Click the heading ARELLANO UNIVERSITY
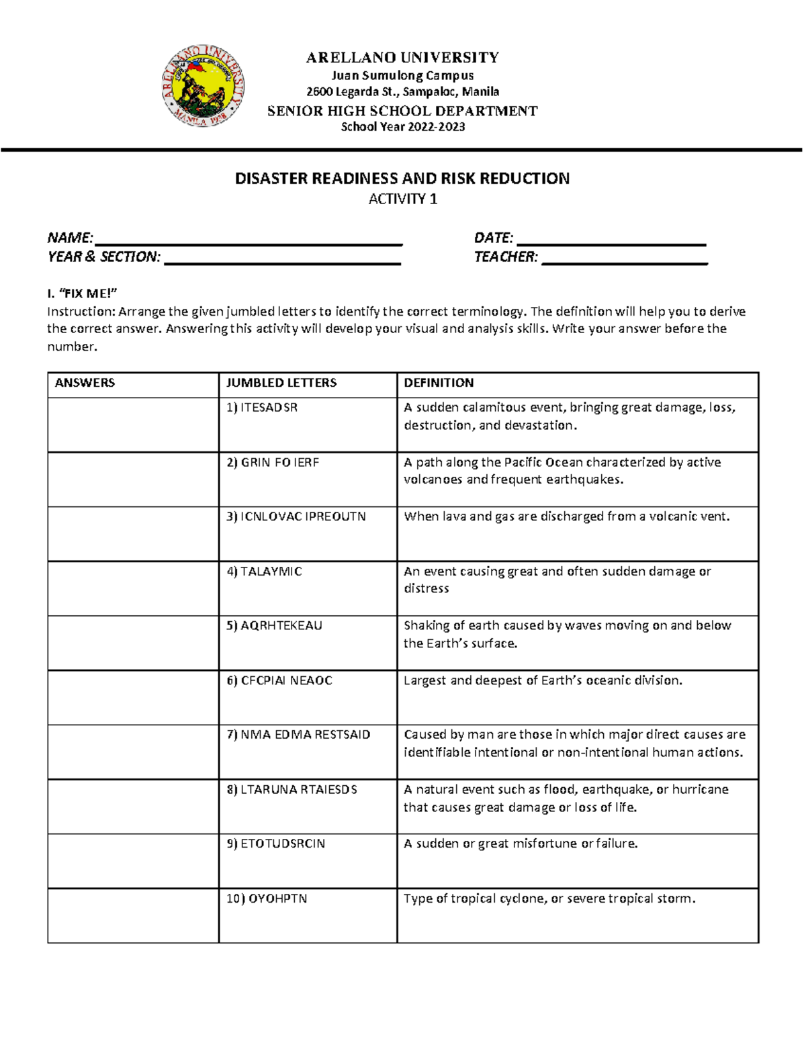pyautogui.click(x=402, y=58)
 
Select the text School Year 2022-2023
pyautogui.click(x=402, y=127)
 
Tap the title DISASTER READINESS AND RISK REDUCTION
pyautogui.click(x=402, y=179)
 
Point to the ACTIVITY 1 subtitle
pyautogui.click(x=402, y=199)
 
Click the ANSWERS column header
pyautogui.click(x=85, y=383)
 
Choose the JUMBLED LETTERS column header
pyautogui.click(x=281, y=383)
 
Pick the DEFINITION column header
pyautogui.click(x=439, y=383)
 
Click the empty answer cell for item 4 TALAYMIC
pyautogui.click(x=133, y=588)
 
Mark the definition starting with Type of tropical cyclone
pyautogui.click(x=549, y=899)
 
